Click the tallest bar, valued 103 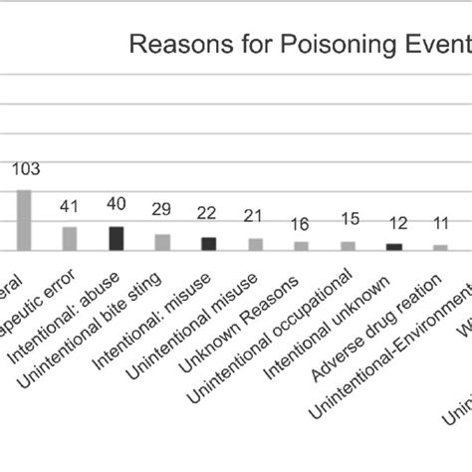pos(24,220)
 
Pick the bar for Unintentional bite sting pos(162,242)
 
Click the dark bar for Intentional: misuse pos(208,244)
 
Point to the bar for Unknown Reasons pos(301,246)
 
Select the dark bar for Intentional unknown pos(393,247)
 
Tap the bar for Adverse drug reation pos(439,247)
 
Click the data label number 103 pos(25,170)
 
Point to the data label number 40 pos(116,205)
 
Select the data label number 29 pos(161,209)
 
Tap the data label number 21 pos(254,216)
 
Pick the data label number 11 pos(439,223)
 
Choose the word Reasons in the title pos(170,44)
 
